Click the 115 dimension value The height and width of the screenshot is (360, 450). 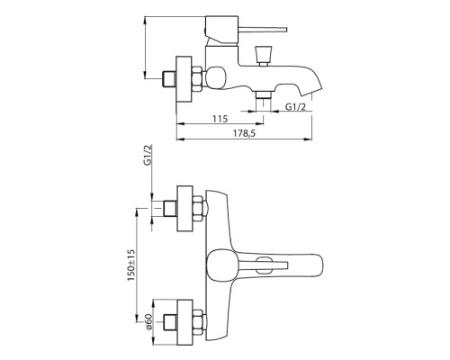tap(220, 119)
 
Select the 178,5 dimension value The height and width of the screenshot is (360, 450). tap(244, 133)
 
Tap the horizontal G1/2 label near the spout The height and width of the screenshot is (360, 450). tap(295, 107)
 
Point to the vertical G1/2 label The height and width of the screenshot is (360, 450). tap(148, 155)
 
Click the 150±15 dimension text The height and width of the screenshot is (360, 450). tap(131, 265)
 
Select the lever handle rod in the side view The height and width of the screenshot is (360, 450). tap(263, 30)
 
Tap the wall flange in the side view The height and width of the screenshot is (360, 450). tap(184, 79)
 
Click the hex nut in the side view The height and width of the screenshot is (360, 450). tap(197, 79)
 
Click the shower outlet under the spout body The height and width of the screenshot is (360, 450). tap(264, 95)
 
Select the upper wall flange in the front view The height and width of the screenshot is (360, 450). tap(184, 209)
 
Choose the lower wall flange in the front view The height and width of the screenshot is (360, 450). tap(184, 322)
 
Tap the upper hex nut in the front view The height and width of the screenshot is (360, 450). tap(197, 209)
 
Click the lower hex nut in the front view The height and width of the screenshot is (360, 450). tap(197, 322)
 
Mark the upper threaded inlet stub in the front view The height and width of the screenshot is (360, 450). tap(170, 209)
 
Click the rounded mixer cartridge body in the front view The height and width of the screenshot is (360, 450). tap(220, 264)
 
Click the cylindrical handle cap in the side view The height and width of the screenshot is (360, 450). tap(221, 30)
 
